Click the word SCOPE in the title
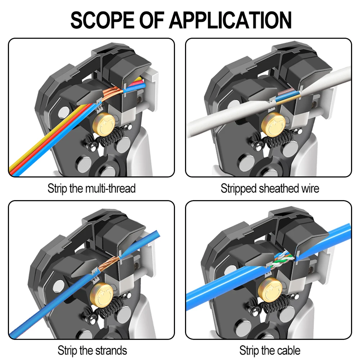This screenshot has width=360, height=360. point(102,20)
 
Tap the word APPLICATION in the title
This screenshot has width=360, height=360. point(230,20)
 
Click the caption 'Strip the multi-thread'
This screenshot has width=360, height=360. point(91,189)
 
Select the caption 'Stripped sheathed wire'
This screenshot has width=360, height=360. point(270,189)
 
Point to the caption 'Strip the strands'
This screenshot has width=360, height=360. point(92,351)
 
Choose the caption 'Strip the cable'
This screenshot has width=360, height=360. point(270,351)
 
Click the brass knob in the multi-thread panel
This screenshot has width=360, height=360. point(103,124)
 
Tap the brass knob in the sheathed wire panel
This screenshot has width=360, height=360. point(273,125)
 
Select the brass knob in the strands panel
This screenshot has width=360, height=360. point(101,294)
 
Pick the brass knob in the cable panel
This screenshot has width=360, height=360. point(270,290)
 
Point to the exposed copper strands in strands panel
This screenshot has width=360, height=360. point(108,264)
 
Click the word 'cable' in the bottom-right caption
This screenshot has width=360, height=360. point(289,351)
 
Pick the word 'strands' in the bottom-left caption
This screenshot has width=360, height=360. point(111,351)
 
